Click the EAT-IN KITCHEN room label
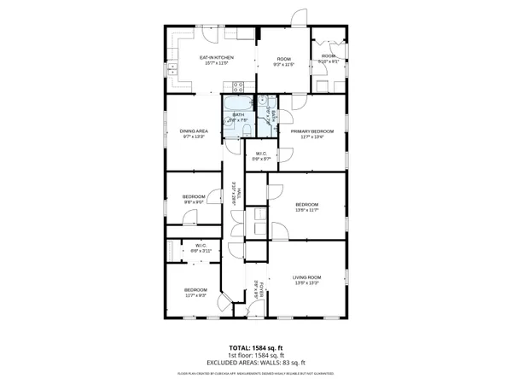click(217, 58)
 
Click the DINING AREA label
click(193, 131)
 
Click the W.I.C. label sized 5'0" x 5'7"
click(262, 154)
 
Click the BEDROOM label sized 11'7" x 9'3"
click(195, 290)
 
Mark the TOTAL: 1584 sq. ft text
click(255, 348)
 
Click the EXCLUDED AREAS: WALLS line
click(255, 364)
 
